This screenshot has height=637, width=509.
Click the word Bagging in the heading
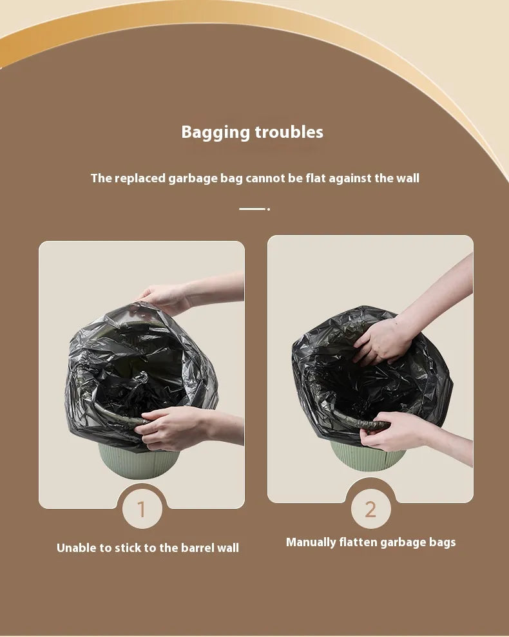(215, 133)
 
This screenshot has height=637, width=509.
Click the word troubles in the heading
(289, 132)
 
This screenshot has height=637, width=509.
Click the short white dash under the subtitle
(253, 209)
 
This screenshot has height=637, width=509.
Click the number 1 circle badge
(142, 509)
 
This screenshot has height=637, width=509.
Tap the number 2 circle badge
(370, 509)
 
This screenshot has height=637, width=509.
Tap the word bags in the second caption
(443, 543)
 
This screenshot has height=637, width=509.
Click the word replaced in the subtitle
(140, 179)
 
